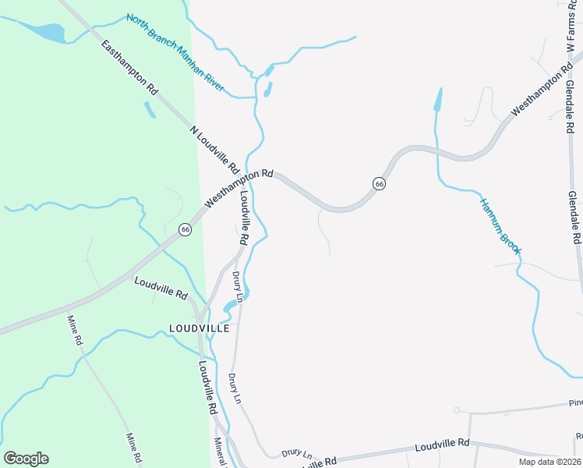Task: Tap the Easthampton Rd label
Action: [129, 67]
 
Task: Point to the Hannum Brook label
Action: [500, 226]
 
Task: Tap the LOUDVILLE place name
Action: [200, 328]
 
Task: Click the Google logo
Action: [26, 459]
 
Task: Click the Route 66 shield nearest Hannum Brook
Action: [379, 183]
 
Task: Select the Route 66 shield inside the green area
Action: [185, 229]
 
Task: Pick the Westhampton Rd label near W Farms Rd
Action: [539, 94]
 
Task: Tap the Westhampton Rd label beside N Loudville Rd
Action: [240, 190]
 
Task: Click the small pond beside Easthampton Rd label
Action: [149, 109]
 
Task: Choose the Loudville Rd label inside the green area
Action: [161, 289]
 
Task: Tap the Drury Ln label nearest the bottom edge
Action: [296, 452]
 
